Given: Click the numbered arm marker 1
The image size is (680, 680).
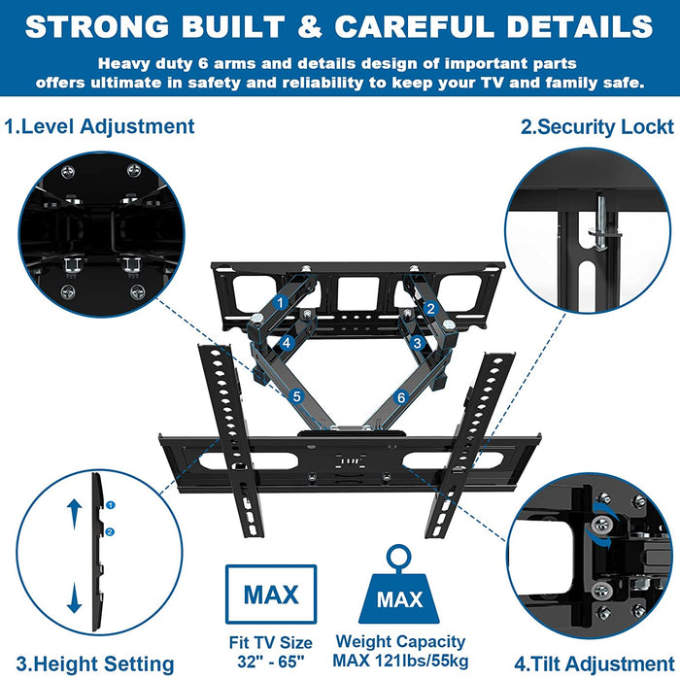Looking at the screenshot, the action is [x=280, y=303].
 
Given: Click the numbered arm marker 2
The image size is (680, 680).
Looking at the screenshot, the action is [x=430, y=308].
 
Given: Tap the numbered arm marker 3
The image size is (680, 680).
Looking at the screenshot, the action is [x=417, y=343].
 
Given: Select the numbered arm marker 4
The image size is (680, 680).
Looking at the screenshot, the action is [x=287, y=343].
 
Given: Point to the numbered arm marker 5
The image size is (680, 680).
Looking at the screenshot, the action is [x=297, y=396].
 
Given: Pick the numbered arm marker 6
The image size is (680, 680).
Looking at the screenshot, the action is [x=401, y=397].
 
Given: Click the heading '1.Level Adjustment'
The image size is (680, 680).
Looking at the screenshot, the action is [x=99, y=127].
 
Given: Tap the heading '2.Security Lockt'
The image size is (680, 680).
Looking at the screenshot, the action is [x=597, y=127].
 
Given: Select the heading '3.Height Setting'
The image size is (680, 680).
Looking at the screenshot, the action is [x=95, y=664].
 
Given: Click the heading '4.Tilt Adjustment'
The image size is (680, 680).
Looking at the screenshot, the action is [x=595, y=663].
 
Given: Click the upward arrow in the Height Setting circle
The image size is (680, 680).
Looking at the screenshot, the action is [x=74, y=514].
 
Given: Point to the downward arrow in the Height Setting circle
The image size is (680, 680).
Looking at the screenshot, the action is [x=74, y=597].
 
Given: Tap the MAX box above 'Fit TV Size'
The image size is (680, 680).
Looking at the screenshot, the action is [x=271, y=595].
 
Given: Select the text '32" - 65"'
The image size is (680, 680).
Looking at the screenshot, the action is [x=271, y=662].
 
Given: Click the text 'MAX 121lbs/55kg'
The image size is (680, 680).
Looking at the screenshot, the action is [x=400, y=661].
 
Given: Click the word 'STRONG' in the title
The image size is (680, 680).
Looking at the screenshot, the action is [x=97, y=26].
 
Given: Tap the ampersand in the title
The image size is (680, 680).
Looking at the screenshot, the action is [x=310, y=26].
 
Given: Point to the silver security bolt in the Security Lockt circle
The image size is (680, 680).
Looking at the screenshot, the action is [x=602, y=222].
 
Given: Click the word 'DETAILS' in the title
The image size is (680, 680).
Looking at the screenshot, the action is [x=580, y=26].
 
